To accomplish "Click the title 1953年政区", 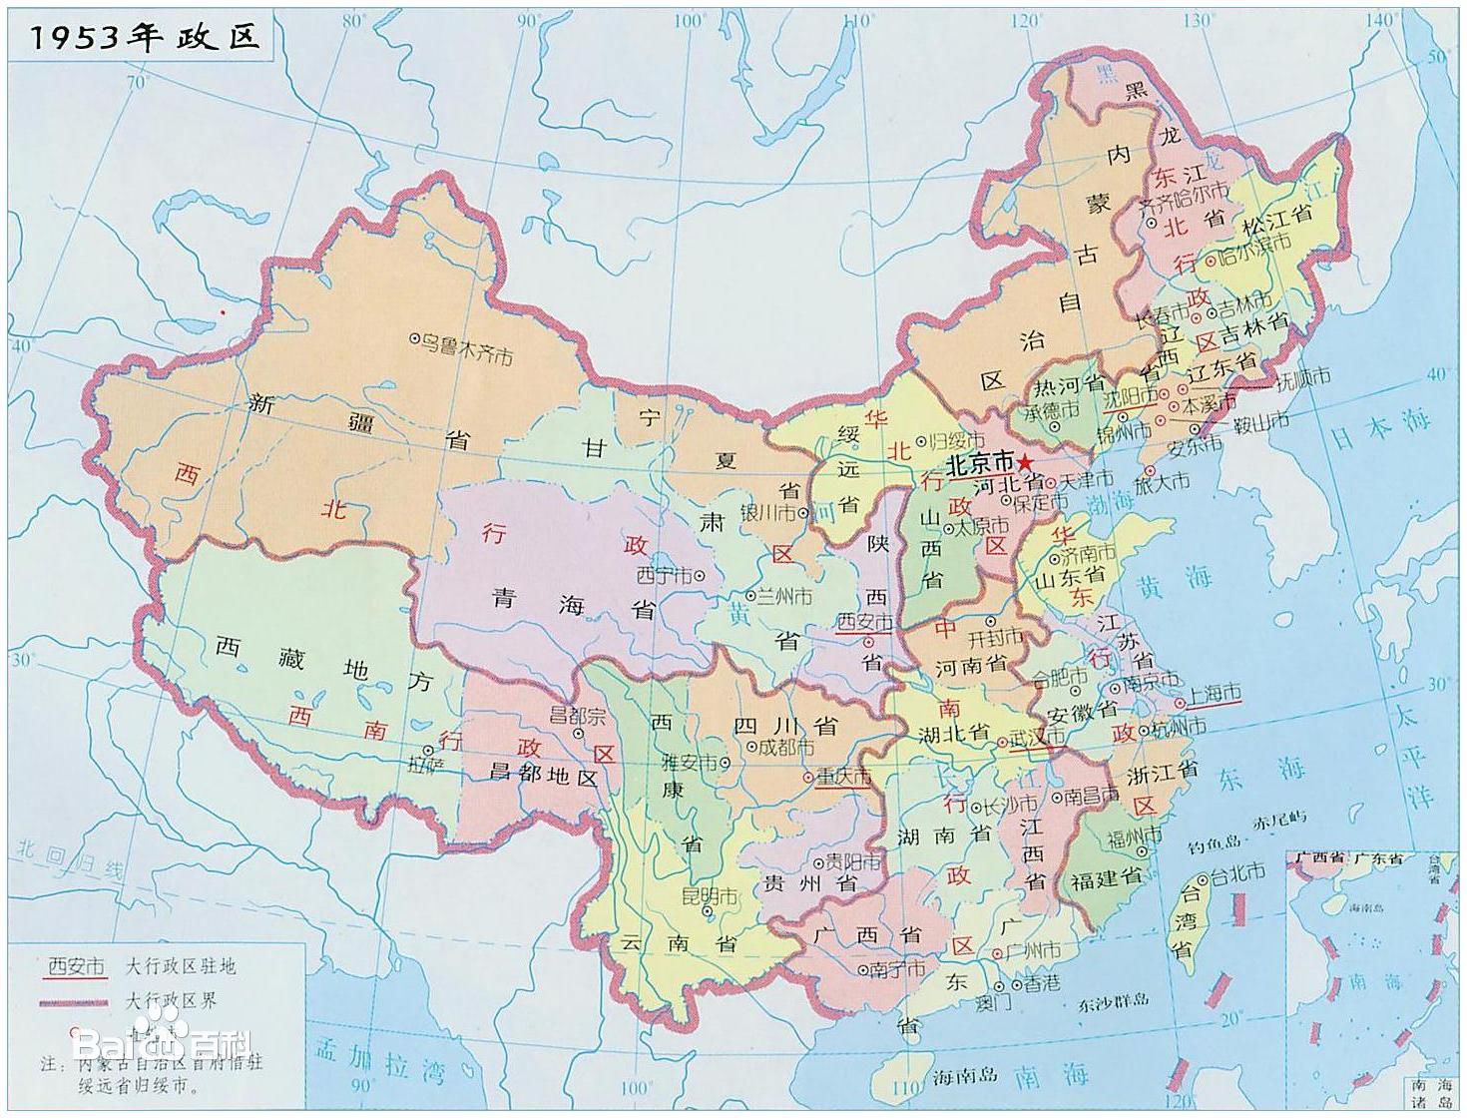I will (x=145, y=37).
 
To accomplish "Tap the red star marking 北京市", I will (x=1026, y=462).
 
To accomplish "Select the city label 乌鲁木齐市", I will (x=464, y=347).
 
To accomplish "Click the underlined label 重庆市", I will (x=843, y=777).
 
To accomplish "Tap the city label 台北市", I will (x=1237, y=873).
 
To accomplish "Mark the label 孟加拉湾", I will (x=379, y=1060).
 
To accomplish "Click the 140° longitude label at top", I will (x=1381, y=19).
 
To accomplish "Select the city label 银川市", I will (x=767, y=512).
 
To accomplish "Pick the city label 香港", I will (x=1041, y=983).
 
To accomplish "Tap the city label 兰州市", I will (x=783, y=596).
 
